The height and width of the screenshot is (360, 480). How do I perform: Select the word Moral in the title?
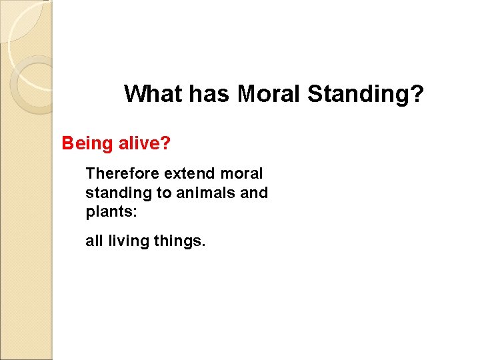pyautogui.click(x=269, y=94)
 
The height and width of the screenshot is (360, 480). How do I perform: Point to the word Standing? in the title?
pyautogui.click(x=364, y=95)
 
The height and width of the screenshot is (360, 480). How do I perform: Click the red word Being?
pyautogui.click(x=84, y=143)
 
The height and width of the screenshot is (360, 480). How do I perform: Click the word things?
pyautogui.click(x=178, y=241)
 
